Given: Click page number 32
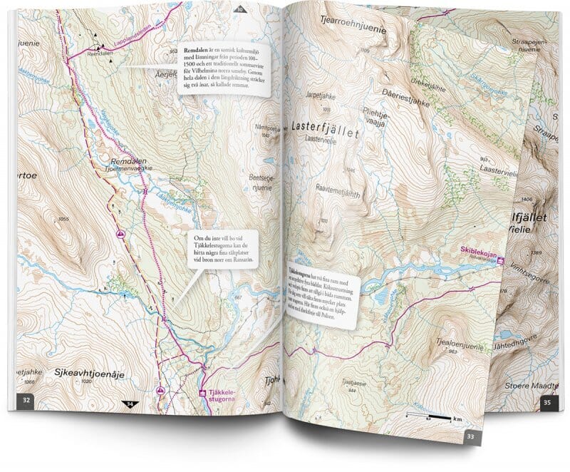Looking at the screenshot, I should click(x=26, y=399).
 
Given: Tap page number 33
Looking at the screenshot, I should click(x=470, y=436).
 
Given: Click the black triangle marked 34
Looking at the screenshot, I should click(x=130, y=404).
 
